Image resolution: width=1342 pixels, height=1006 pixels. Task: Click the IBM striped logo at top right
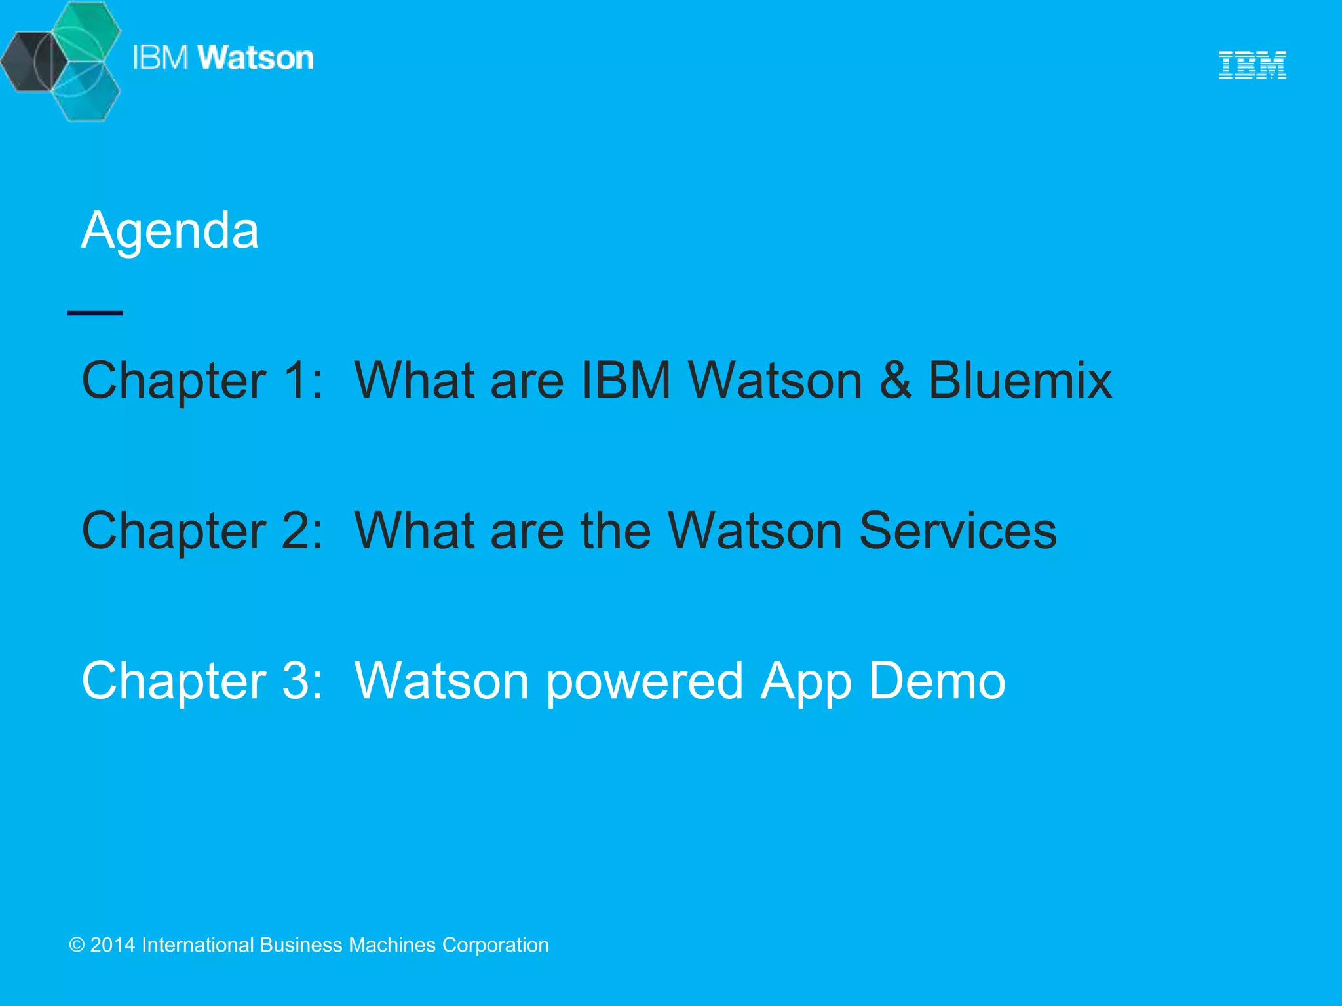[x=1252, y=65]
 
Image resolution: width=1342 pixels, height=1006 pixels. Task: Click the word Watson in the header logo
[x=256, y=58]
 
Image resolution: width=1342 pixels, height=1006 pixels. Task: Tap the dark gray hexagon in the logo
[x=29, y=62]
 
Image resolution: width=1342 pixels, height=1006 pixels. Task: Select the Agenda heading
[x=170, y=231]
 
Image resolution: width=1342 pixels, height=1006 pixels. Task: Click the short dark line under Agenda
[x=95, y=313]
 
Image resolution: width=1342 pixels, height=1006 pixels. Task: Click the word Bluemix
[x=1020, y=380]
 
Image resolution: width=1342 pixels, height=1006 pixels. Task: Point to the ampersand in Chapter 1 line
[x=895, y=380]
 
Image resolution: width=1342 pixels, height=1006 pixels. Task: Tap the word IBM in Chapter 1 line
[x=626, y=380]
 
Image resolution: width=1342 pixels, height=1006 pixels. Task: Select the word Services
[x=957, y=531]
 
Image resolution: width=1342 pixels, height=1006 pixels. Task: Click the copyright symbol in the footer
[x=77, y=945]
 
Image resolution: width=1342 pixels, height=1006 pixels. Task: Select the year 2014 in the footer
[x=113, y=945]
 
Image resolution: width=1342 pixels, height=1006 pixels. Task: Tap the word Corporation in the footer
[x=495, y=945]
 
